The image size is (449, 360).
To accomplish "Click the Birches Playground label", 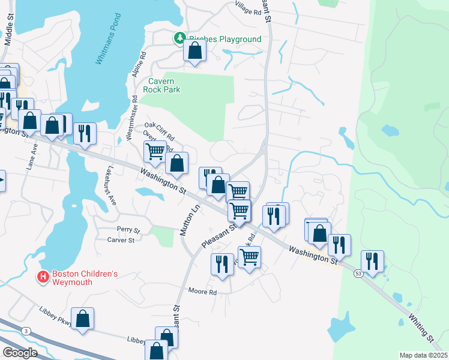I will tap(225, 39).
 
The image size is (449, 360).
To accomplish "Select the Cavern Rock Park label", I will tap(161, 85).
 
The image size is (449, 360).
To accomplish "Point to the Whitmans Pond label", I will tap(109, 48).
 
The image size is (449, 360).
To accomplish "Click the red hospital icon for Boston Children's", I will tap(43, 277).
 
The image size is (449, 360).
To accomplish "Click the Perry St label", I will tap(128, 230).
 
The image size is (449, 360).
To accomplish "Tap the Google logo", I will tap(20, 352).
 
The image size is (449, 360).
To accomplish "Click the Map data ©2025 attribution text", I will tap(422, 355).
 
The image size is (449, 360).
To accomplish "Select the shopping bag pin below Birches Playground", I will tap(194, 52).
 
